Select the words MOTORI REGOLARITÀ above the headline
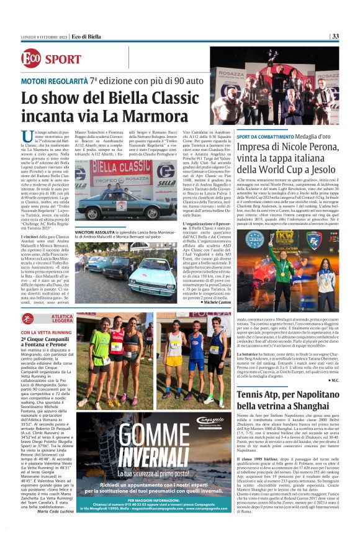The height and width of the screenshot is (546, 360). point(54,81)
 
